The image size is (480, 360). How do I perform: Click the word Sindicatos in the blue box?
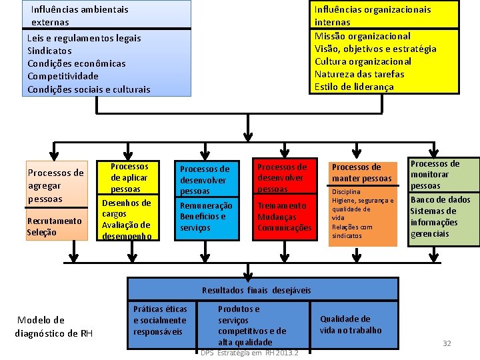click(49, 51)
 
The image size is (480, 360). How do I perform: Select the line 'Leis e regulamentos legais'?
click(84, 38)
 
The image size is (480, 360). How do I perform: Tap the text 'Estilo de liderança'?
click(354, 87)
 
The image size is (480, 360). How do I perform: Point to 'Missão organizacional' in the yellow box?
click(363, 36)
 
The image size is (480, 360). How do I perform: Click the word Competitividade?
click(63, 76)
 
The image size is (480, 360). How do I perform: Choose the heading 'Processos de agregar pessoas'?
click(55, 185)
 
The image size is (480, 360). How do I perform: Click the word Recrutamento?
click(54, 221)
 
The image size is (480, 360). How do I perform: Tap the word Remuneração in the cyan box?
click(206, 206)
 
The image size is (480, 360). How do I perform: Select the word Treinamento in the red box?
click(282, 206)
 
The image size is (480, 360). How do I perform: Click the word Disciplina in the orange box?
click(347, 192)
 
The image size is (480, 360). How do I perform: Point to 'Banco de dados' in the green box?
click(440, 199)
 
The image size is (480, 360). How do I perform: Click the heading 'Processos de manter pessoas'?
click(361, 173)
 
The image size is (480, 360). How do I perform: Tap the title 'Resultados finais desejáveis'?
click(256, 290)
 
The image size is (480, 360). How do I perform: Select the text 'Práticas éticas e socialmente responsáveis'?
click(160, 320)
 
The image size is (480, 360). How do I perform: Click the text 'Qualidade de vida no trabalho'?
click(351, 325)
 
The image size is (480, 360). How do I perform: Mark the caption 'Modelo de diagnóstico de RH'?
click(53, 326)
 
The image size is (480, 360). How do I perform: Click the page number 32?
click(447, 343)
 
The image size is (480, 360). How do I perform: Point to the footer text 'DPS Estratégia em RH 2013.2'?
click(249, 353)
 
